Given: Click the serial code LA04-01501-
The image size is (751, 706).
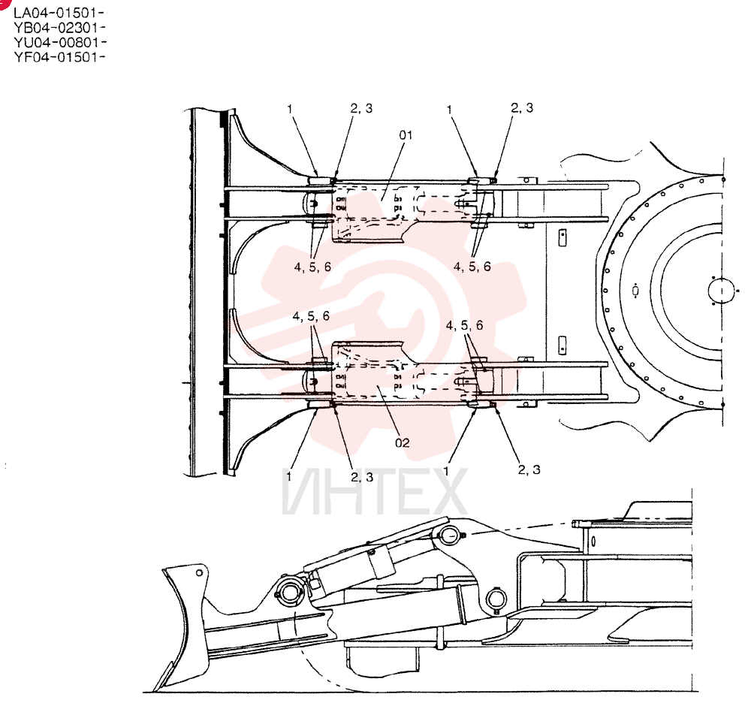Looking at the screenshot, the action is (x=59, y=13).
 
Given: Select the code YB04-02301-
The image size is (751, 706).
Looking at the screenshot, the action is (x=59, y=27).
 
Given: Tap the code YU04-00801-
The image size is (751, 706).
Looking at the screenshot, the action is (x=60, y=42).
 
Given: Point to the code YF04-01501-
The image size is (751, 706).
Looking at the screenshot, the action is (x=59, y=57).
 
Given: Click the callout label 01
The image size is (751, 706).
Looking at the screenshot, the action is (x=406, y=135).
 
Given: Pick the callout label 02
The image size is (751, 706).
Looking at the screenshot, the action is (x=403, y=442).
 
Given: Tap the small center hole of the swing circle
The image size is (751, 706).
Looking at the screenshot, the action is (x=722, y=291).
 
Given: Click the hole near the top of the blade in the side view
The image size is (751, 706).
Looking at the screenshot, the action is (x=199, y=573).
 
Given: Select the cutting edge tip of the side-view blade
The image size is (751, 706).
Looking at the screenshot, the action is (x=153, y=689).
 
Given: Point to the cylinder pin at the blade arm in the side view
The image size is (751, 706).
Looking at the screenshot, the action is (x=288, y=593).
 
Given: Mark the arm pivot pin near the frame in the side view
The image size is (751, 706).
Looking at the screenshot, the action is (x=496, y=599).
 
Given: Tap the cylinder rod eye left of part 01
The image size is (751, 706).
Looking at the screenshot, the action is (x=311, y=204).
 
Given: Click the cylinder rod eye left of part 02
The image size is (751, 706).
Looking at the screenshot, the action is (x=311, y=382).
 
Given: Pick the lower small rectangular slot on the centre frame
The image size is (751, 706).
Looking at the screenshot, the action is (x=562, y=343).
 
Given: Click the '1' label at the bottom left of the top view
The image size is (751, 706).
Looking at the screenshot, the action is (x=289, y=476).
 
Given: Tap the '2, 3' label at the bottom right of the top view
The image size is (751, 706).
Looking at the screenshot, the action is (x=529, y=469).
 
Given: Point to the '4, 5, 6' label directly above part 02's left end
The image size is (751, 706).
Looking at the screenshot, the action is (x=312, y=316).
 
